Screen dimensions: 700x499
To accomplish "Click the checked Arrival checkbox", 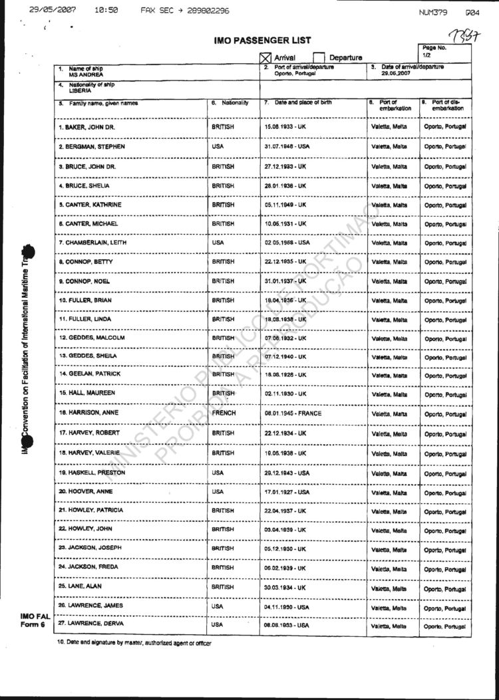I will (265, 58).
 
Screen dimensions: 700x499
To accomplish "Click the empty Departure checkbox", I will (319, 58).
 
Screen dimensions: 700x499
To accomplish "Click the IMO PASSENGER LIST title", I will (262, 41).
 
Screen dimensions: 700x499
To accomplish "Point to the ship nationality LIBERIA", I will (80, 90).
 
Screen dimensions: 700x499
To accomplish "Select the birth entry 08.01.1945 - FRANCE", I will (293, 413).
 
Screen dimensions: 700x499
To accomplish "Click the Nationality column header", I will (230, 103).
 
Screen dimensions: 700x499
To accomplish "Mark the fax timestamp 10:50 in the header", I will (106, 11).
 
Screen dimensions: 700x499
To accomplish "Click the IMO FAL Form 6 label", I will (35, 621).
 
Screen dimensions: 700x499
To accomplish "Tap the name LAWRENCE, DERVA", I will (90, 624).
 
